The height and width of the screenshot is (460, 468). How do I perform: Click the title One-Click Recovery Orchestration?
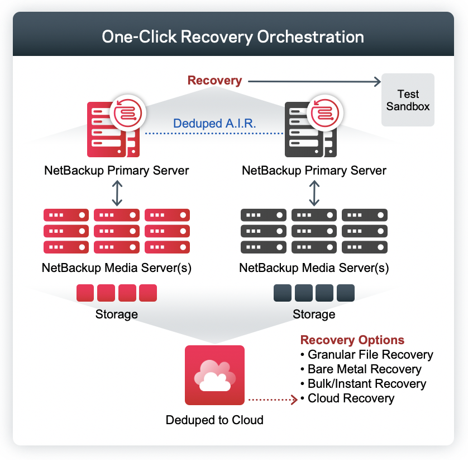[233, 37]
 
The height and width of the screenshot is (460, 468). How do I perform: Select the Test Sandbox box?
[408, 100]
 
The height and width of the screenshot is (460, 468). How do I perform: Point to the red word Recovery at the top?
[214, 81]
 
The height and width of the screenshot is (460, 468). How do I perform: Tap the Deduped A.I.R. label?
[214, 124]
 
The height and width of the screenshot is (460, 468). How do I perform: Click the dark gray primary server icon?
[311, 130]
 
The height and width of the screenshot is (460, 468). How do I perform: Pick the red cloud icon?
[214, 375]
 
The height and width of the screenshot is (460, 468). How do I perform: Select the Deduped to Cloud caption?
[214, 420]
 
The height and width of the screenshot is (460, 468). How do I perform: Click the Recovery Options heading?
[352, 340]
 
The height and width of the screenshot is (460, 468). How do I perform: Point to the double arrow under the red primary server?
[116, 193]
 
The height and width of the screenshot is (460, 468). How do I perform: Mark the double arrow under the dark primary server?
[314, 193]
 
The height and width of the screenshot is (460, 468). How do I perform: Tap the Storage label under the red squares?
[116, 315]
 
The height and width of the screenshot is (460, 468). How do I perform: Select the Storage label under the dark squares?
[314, 315]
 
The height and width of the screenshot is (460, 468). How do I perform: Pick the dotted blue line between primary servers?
[214, 134]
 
